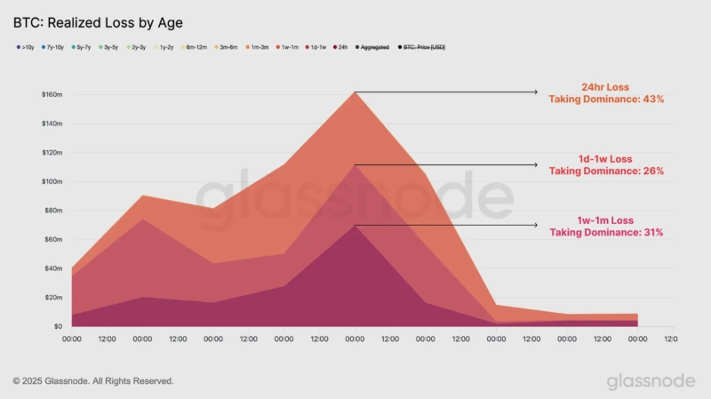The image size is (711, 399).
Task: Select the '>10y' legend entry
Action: coord(27,46)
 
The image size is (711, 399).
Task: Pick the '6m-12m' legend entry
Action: coord(195,46)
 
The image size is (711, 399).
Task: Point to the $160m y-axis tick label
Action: coord(51,94)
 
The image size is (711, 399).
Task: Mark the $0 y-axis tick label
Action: coord(56,327)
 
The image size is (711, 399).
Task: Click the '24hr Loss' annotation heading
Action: coord(605,88)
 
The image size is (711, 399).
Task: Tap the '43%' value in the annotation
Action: coord(653,100)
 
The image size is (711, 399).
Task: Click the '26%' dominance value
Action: coord(653,171)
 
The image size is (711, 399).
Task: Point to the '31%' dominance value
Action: coord(653,232)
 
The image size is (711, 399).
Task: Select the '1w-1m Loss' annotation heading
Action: coord(605,220)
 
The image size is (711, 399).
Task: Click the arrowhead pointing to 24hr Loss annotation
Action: coord(535,92)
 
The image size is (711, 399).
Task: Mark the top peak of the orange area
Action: coord(355,92)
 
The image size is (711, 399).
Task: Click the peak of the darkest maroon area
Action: coord(355,227)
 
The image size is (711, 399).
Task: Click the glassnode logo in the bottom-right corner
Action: coord(651,380)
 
